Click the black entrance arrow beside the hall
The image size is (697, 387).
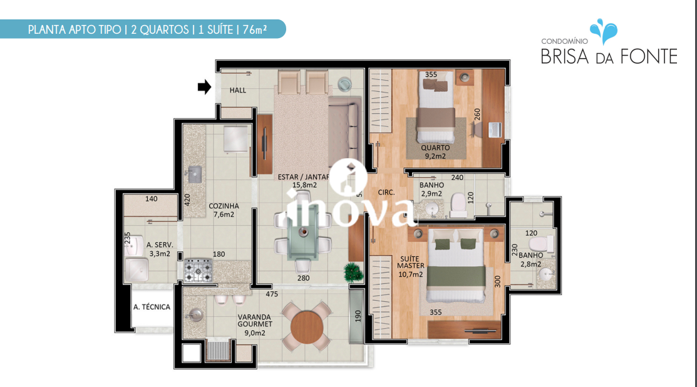pyautogui.click(x=205, y=87)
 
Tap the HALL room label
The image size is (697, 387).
pyautogui.click(x=238, y=91)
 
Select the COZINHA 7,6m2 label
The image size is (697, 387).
pyautogui.click(x=224, y=210)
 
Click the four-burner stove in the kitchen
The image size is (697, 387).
pyautogui.click(x=199, y=270)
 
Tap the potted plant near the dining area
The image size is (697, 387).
pyautogui.click(x=353, y=273)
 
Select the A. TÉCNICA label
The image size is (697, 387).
pyautogui.click(x=152, y=307)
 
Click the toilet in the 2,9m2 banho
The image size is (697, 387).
pyautogui.click(x=458, y=205)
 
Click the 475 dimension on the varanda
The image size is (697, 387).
pyautogui.click(x=272, y=294)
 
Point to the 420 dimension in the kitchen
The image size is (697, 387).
pyautogui.click(x=187, y=199)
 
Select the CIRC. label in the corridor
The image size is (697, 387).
pyautogui.click(x=386, y=193)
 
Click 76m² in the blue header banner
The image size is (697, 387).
pyautogui.click(x=255, y=30)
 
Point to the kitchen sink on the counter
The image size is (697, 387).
pyautogui.click(x=194, y=174)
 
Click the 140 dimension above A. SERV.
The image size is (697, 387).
pyautogui.click(x=151, y=199)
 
